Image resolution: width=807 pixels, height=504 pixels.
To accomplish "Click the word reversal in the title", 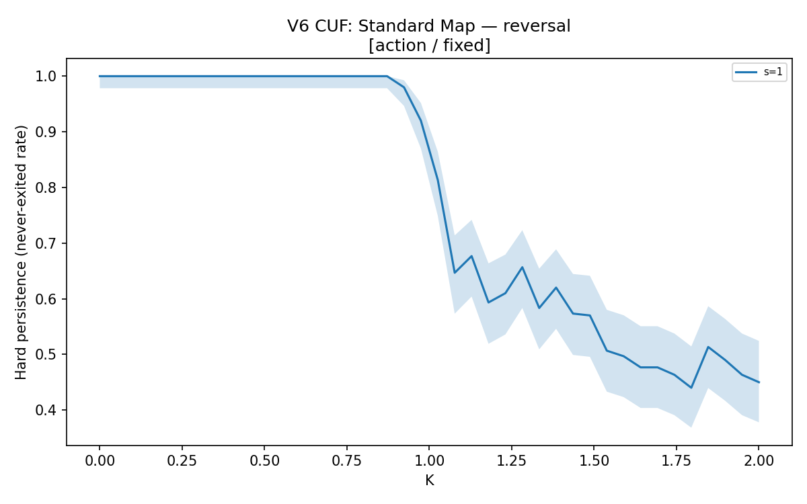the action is tap(537, 26).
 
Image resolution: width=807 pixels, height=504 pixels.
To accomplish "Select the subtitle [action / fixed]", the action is tap(430, 46).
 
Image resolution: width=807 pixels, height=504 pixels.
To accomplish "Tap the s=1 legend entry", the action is tap(759, 72).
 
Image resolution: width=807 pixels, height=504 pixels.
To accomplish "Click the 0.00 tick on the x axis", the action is tap(100, 461).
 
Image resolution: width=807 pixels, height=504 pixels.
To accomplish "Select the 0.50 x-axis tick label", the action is tap(264, 461).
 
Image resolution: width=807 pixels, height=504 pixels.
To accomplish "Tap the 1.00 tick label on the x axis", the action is tap(429, 461).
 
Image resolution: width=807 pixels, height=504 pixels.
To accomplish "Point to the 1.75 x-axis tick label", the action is tap(677, 461).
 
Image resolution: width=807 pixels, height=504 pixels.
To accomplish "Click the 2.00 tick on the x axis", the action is tap(759, 461).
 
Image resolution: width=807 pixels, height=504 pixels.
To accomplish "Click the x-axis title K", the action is tap(430, 480).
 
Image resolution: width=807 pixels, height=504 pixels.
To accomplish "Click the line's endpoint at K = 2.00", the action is tap(759, 382).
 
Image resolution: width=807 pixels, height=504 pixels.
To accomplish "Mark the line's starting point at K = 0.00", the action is tap(100, 77).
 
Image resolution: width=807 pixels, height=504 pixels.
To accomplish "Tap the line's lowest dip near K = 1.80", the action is tap(691, 388).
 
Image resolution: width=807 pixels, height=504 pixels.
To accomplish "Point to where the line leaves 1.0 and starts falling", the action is tap(387, 77).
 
